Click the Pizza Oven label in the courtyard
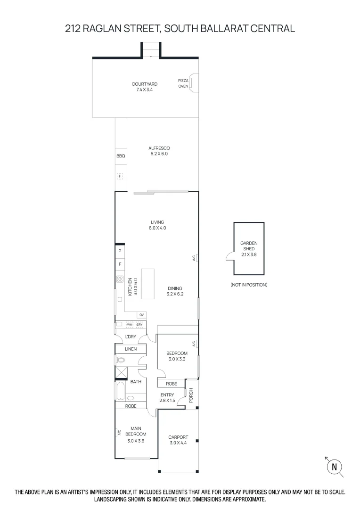click(x=183, y=83)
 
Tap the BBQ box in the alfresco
click(x=120, y=156)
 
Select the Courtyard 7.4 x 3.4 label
click(x=145, y=86)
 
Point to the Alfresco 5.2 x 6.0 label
click(x=159, y=151)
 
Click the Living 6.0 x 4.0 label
click(x=157, y=225)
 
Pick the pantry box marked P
click(x=120, y=251)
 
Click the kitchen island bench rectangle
click(x=147, y=284)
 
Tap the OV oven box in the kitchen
click(x=141, y=314)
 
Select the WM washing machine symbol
click(x=130, y=325)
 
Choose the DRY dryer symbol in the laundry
click(x=139, y=325)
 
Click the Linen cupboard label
click(x=131, y=349)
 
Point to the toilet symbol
click(x=121, y=361)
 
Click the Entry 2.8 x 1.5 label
click(x=167, y=398)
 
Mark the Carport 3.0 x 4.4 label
click(x=178, y=440)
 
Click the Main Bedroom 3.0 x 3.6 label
click(x=136, y=435)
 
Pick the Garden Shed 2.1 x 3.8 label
click(x=249, y=248)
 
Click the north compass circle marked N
click(x=335, y=467)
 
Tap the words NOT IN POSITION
click(x=249, y=285)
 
